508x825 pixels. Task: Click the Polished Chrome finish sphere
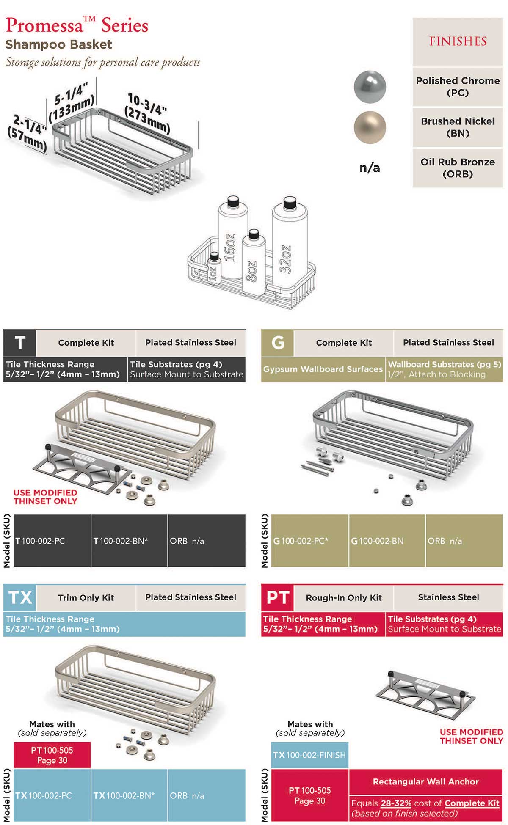[370, 87]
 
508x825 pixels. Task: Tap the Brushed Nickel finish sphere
[370, 127]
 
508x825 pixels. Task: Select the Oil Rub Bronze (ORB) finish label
[458, 168]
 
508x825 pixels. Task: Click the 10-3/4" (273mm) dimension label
[148, 113]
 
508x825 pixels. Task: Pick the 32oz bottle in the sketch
[289, 241]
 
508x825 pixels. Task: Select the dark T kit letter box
[20, 343]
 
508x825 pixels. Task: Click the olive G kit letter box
[278, 343]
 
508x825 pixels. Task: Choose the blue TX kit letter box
[20, 597]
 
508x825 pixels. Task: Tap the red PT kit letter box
[278, 597]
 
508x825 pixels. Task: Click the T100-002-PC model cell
[52, 541]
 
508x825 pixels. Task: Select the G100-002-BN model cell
[387, 541]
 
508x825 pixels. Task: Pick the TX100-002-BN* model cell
[129, 795]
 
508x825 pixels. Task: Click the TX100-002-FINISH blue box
[309, 755]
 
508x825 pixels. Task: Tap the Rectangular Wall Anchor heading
[425, 781]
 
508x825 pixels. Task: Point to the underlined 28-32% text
[396, 803]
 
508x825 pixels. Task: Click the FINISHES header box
[458, 41]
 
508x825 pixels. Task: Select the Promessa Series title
[77, 25]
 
